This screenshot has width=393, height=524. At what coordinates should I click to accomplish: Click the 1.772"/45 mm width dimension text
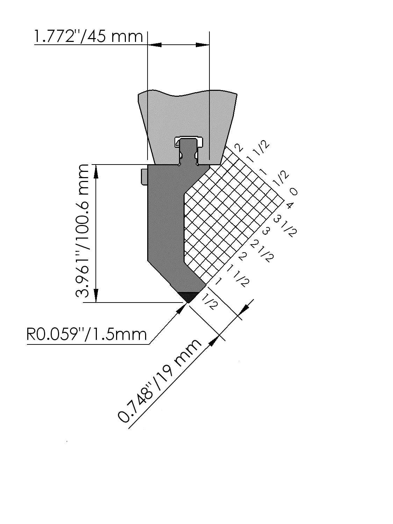[x=88, y=36]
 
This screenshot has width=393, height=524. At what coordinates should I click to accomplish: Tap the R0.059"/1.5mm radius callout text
[x=86, y=334]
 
